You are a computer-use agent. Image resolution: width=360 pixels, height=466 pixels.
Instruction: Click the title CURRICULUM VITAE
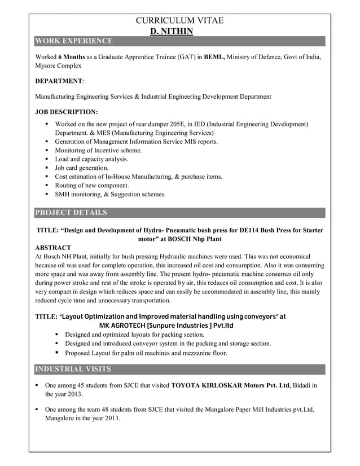pyautogui.click(x=180, y=21)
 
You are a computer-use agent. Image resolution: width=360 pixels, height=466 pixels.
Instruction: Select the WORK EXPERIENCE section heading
pyautogui.click(x=74, y=41)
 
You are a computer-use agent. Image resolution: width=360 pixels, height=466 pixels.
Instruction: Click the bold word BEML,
pyautogui.click(x=214, y=57)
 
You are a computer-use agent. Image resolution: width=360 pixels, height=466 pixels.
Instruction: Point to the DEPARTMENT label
pyautogui.click(x=59, y=81)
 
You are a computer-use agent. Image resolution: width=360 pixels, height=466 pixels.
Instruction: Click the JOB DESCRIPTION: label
pyautogui.click(x=66, y=112)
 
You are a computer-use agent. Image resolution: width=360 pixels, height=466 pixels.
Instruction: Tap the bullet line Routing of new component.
pyautogui.click(x=92, y=185)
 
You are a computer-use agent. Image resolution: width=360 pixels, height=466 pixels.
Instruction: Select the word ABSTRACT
pyautogui.click(x=53, y=248)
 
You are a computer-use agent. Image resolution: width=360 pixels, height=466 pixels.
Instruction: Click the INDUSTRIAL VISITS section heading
pyautogui.click(x=73, y=370)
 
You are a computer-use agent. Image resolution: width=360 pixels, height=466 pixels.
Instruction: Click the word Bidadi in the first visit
pyautogui.click(x=303, y=385)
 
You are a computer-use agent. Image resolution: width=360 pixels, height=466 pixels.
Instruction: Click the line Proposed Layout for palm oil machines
pyautogui.click(x=146, y=353)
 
